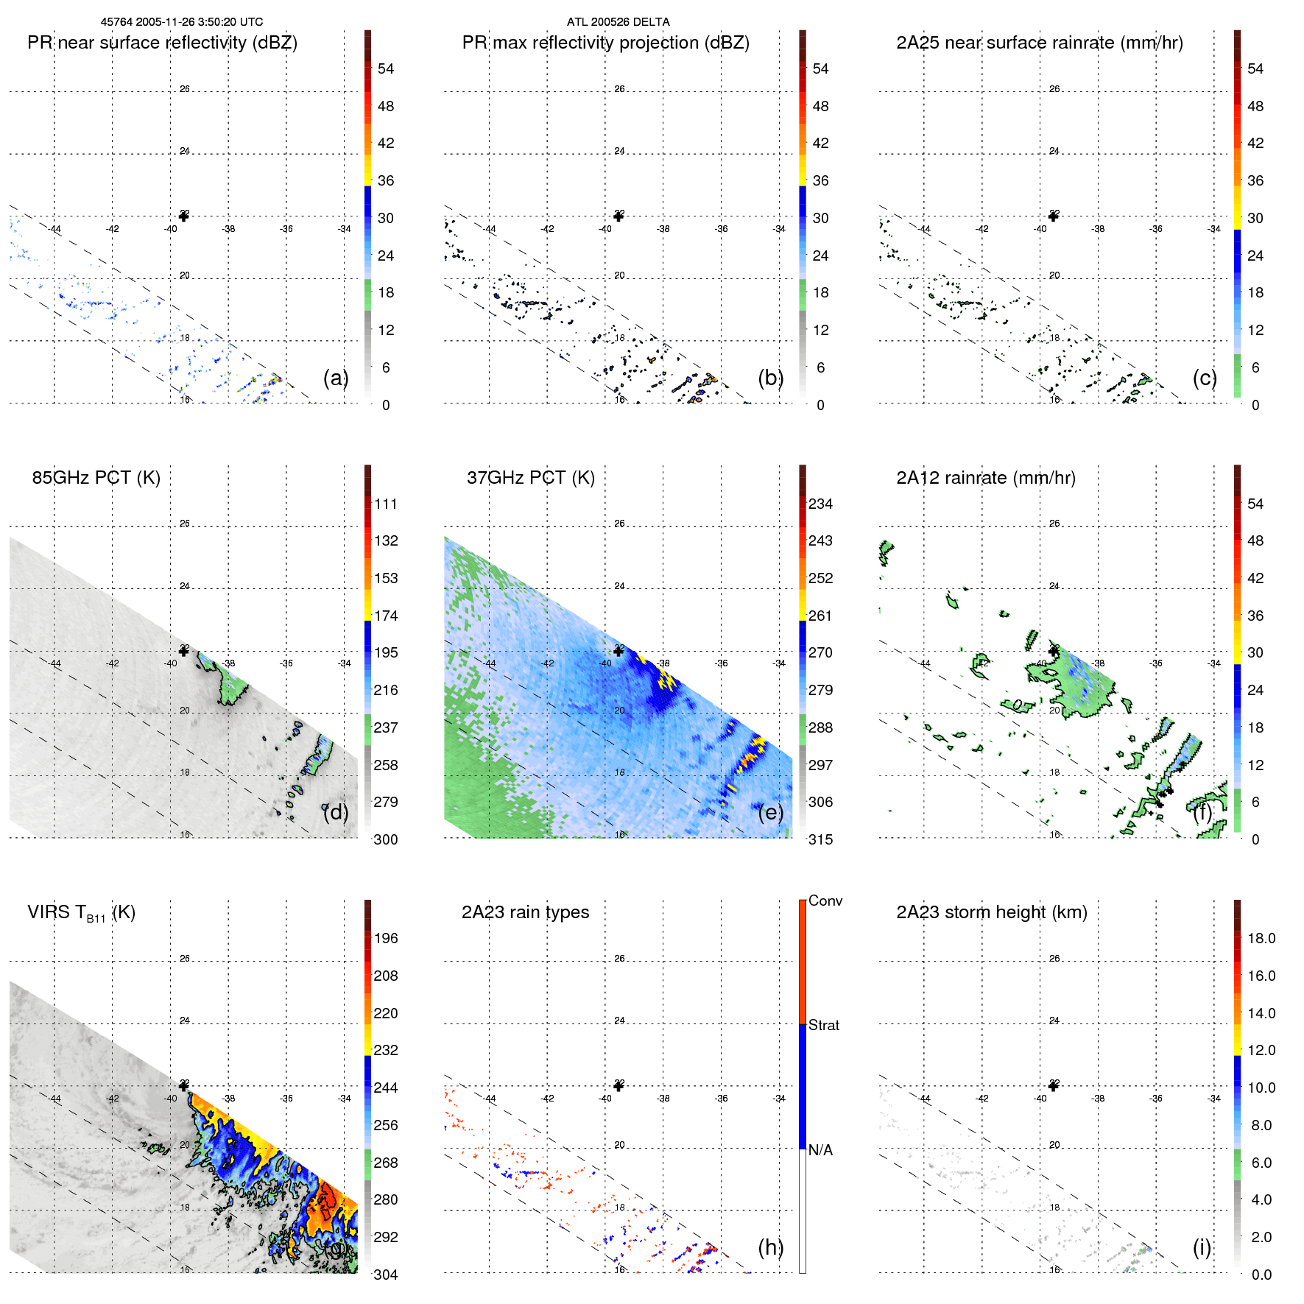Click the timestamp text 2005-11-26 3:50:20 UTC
(199, 22)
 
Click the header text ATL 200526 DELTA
(618, 22)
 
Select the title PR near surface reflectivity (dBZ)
(162, 43)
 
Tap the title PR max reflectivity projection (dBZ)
(605, 43)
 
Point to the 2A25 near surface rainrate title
(1039, 43)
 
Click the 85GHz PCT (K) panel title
(96, 478)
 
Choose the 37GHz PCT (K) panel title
(530, 478)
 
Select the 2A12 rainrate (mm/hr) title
(985, 478)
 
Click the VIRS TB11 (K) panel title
(81, 913)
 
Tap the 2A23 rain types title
(525, 912)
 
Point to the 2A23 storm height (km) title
(991, 912)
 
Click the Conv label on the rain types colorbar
(825, 901)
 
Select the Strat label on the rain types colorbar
(823, 1025)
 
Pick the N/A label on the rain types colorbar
(820, 1150)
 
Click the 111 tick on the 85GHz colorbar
(385, 504)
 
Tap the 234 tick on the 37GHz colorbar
(820, 504)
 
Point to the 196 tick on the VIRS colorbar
(385, 938)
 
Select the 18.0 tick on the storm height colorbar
(1261, 938)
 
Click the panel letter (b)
(770, 378)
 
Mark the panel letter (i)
(1202, 1247)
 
